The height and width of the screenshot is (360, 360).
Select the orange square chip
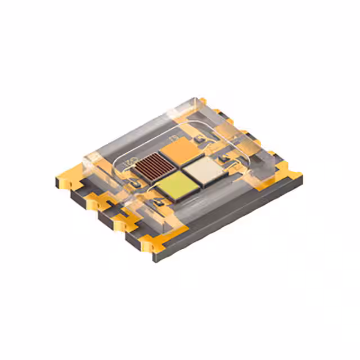coord(177,150)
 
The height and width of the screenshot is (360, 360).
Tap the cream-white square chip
coord(205,169)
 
